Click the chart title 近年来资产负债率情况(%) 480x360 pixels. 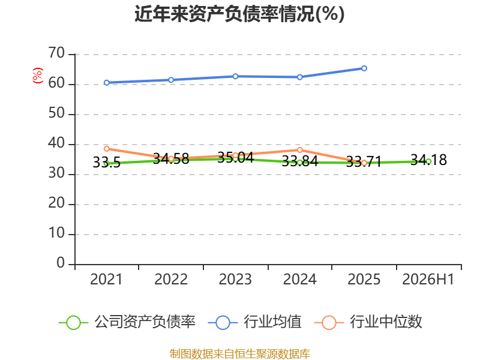coord(239,14)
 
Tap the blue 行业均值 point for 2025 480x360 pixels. coord(364,68)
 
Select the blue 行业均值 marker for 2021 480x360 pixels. coord(107,83)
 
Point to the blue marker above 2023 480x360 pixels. coord(235,76)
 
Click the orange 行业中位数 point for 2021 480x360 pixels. coord(107,149)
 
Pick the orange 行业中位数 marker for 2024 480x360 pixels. coord(299,150)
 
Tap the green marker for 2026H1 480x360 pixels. coord(428,161)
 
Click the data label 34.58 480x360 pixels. coord(171,159)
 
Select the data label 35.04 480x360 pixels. coord(235,158)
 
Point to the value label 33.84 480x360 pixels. coord(299,161)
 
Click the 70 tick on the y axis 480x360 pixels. coord(56,53)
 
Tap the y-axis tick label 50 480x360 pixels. coord(56,113)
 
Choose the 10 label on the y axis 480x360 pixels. coord(56,233)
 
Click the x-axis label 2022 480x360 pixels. coord(171,280)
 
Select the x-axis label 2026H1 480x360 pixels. coord(428,280)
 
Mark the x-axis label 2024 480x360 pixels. coord(299,280)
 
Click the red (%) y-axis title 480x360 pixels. coord(37,76)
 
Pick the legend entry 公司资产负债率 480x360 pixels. coord(127,322)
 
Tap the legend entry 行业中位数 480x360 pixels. coord(368,322)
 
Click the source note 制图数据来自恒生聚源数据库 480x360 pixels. coord(240,354)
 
